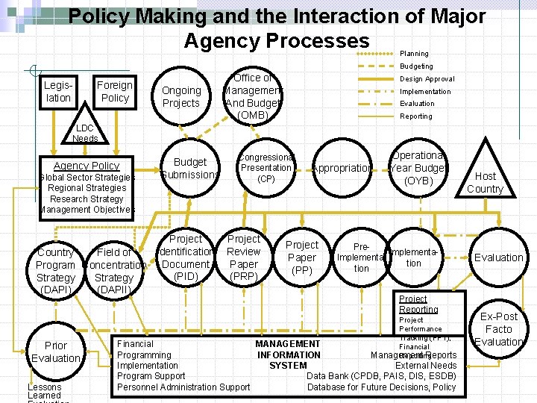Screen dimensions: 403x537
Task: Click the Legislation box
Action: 58,91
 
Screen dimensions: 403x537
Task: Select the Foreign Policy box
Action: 115,91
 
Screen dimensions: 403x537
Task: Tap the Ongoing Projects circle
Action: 181,97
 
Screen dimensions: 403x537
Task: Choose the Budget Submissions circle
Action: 190,168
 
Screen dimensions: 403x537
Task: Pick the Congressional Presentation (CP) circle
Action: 266,168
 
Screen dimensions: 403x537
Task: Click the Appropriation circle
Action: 342,168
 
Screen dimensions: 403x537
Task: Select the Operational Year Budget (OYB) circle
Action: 418,168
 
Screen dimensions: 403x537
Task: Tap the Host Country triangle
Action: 485,179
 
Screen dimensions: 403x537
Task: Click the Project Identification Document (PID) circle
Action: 186,257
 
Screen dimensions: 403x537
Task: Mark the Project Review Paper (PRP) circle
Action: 244,257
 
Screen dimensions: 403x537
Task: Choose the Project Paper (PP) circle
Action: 302,257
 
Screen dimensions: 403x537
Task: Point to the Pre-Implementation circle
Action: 361,257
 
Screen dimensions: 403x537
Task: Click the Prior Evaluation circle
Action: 56,352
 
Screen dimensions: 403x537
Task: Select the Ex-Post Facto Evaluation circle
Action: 499,329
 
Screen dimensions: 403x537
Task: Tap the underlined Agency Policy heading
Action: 87,166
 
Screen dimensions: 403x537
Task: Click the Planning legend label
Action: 414,54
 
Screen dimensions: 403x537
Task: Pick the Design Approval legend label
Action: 427,78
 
